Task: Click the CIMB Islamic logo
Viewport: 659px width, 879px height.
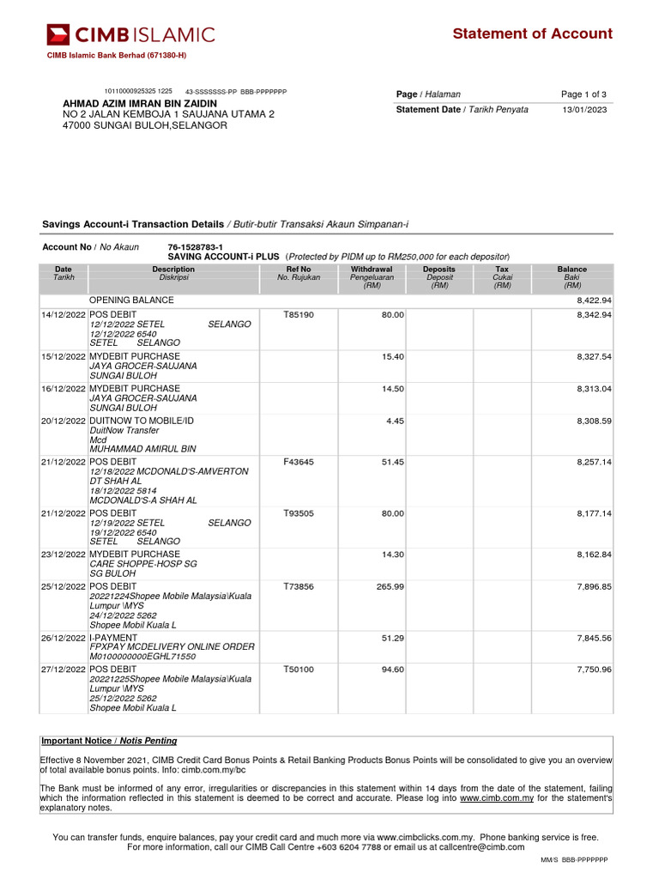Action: [x=131, y=34]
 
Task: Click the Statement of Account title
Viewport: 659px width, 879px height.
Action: [x=532, y=33]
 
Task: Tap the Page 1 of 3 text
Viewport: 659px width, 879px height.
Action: [x=583, y=94]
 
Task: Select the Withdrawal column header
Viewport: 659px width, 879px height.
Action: [x=372, y=270]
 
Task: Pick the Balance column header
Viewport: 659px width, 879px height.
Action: [x=572, y=270]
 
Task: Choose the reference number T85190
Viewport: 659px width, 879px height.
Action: [x=299, y=316]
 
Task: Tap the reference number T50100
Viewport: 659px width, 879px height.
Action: [x=299, y=669]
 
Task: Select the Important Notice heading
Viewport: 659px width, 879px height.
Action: [x=109, y=741]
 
